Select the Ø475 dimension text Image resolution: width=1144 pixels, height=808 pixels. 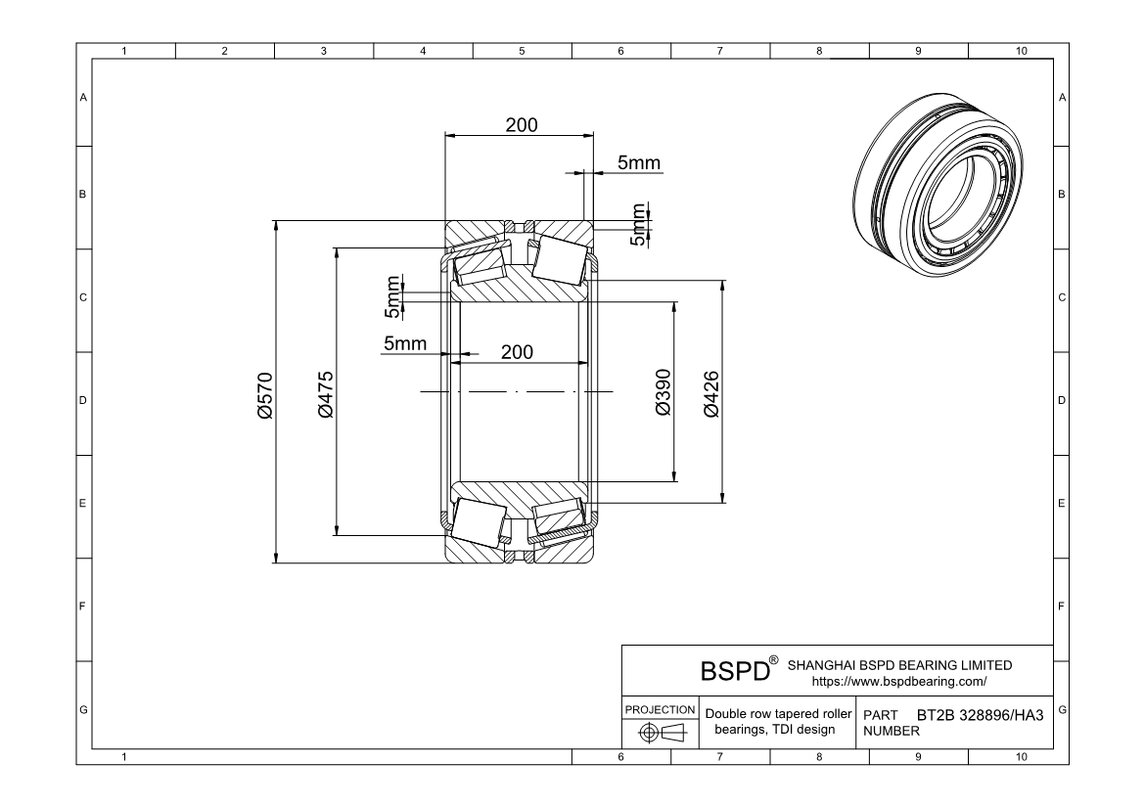(x=325, y=394)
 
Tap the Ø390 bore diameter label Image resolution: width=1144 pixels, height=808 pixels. (x=664, y=392)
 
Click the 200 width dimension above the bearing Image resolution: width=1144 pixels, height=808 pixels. (x=521, y=125)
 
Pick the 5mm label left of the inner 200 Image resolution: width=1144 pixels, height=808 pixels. (x=404, y=343)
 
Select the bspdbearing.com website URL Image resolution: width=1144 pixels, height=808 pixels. (x=899, y=681)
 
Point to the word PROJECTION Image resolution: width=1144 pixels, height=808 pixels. (x=660, y=709)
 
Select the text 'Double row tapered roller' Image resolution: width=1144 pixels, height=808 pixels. (x=779, y=714)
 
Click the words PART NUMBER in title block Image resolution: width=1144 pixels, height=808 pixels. (x=886, y=723)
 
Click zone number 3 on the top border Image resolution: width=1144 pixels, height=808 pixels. (x=324, y=51)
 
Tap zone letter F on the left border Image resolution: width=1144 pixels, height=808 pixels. (x=83, y=606)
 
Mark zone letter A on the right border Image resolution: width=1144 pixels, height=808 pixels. (x=1062, y=98)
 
